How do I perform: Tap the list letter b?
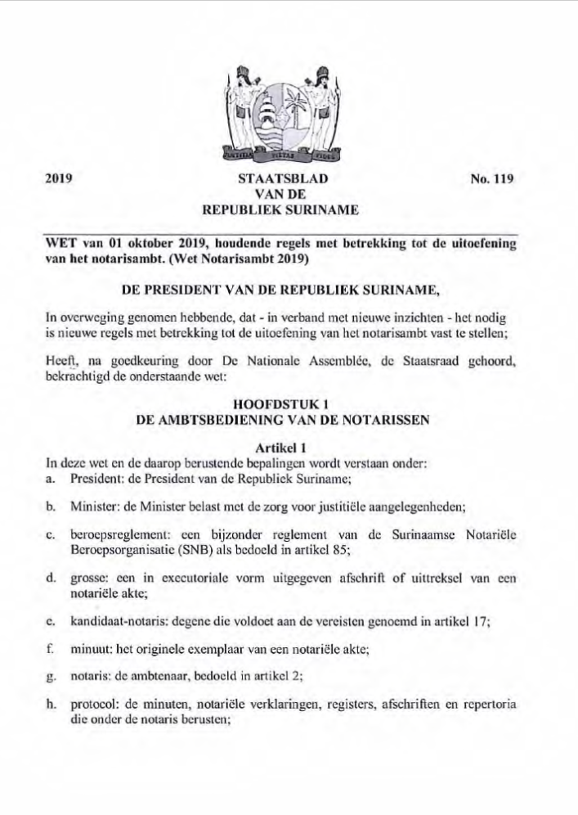click(x=51, y=507)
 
